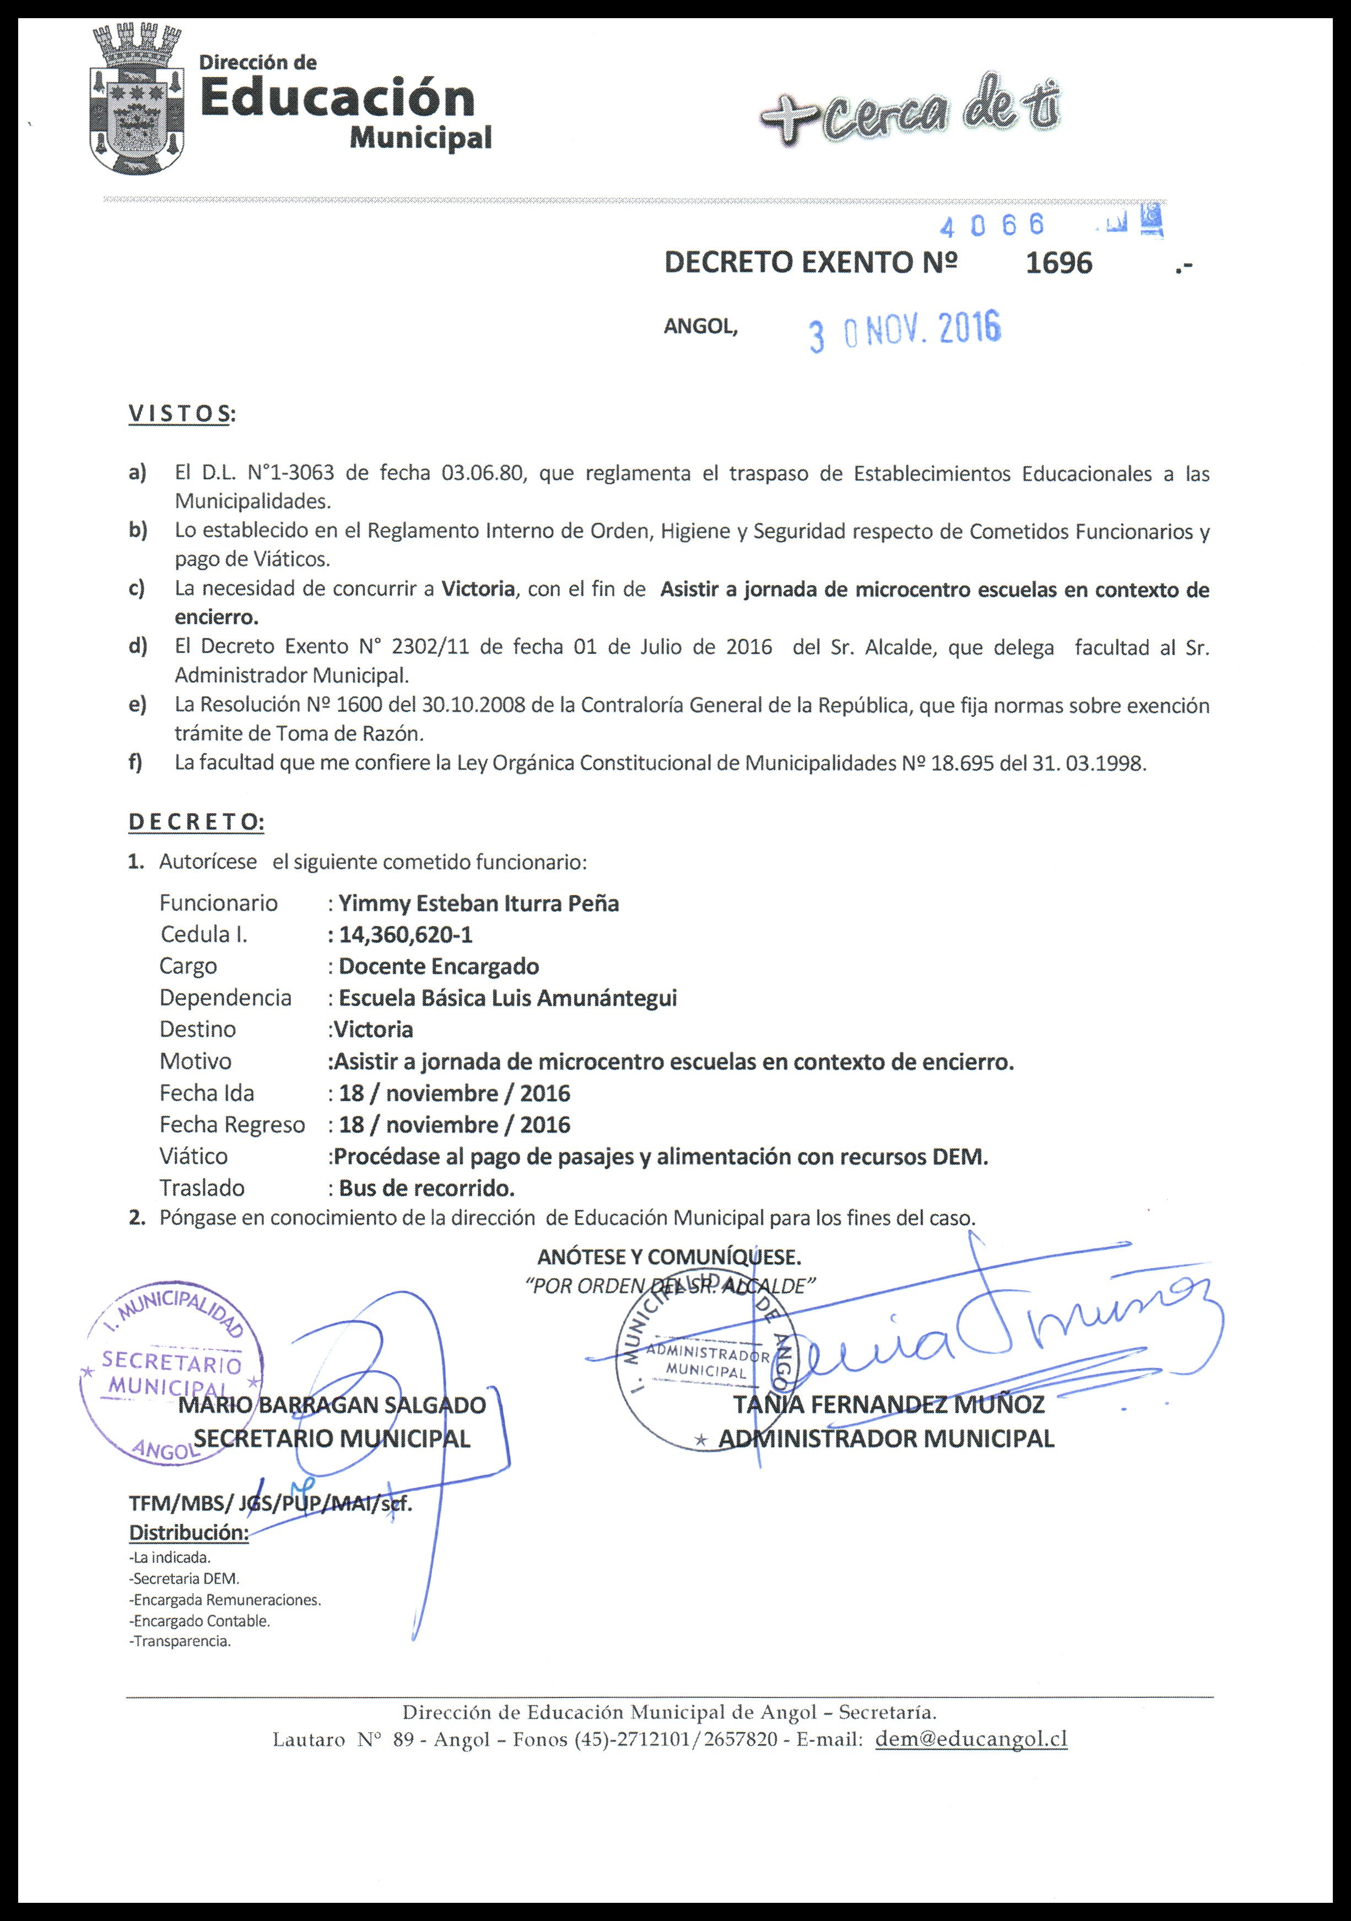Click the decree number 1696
pos(1058,263)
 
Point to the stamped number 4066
pos(992,225)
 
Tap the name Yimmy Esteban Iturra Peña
pos(478,903)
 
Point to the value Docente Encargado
pos(439,966)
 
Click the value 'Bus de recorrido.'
pos(426,1188)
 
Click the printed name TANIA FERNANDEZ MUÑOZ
pos(888,1405)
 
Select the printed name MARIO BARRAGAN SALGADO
pos(332,1405)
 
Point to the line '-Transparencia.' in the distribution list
pos(180,1642)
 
